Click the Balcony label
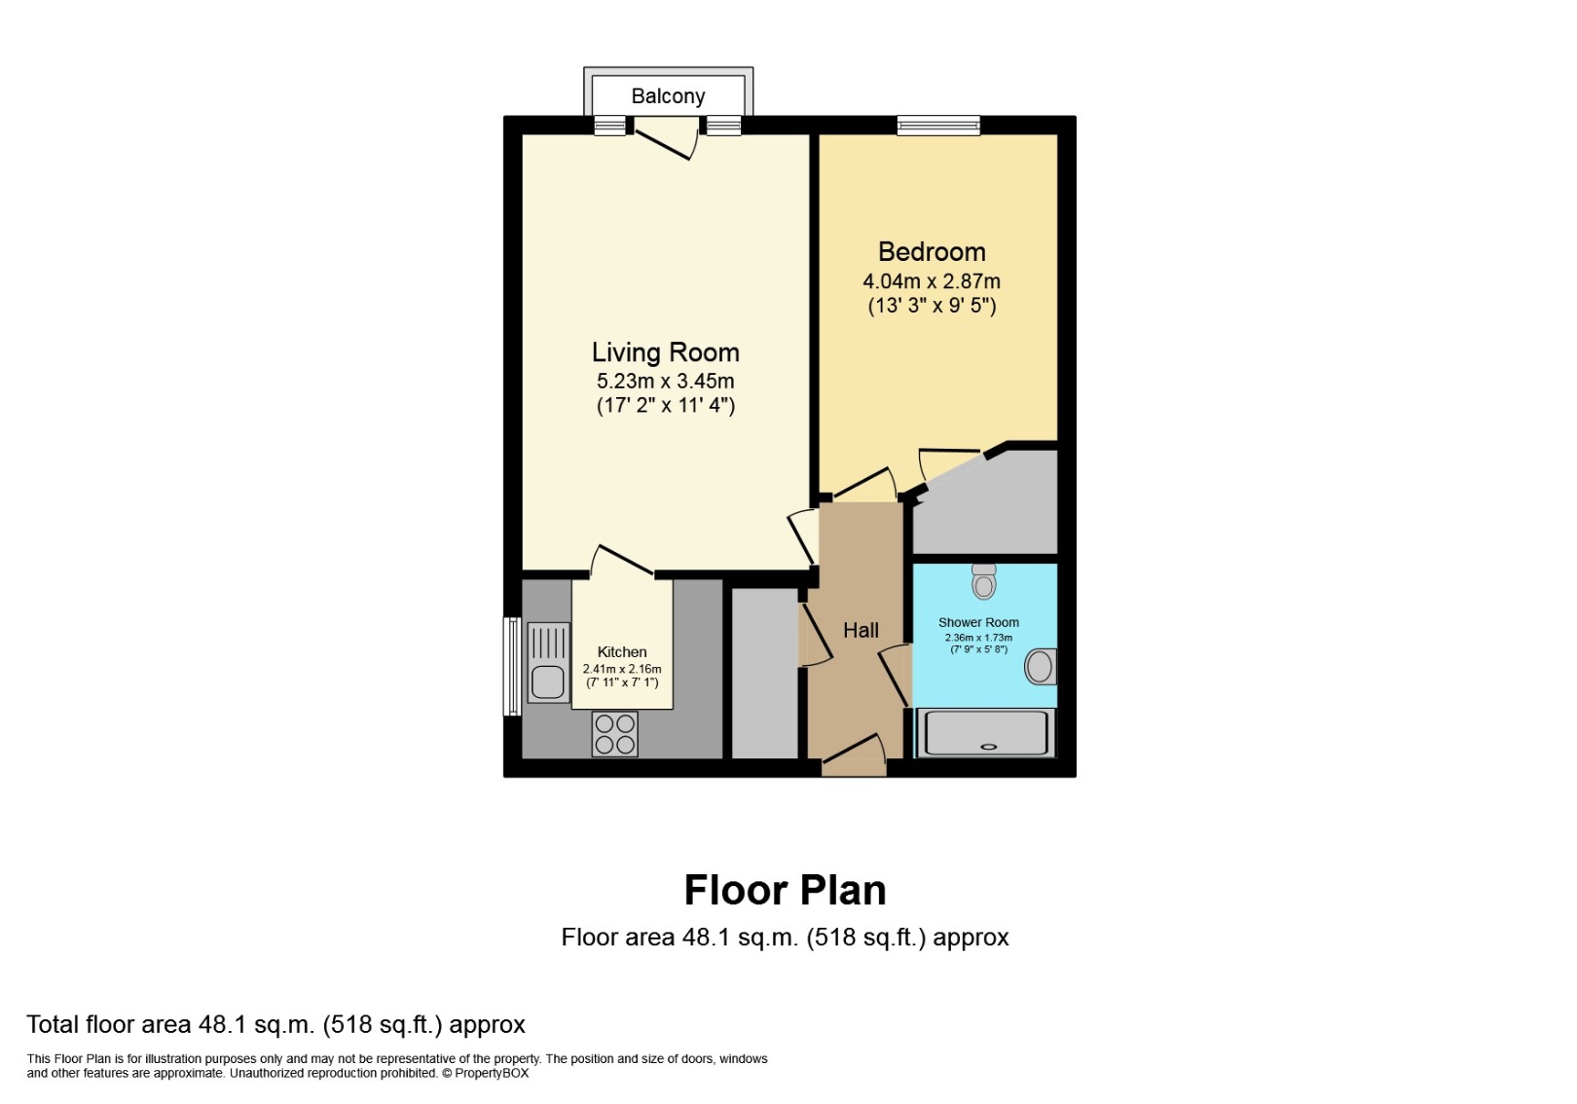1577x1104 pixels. tap(668, 96)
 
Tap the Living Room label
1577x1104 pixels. tap(666, 352)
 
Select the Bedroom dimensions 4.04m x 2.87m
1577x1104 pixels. tap(932, 281)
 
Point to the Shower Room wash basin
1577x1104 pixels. tap(1041, 667)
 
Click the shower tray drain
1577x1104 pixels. tap(989, 747)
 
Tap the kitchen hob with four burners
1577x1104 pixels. tap(615, 734)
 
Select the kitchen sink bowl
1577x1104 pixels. tap(548, 681)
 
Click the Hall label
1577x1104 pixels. tap(861, 631)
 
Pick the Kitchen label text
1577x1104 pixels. tap(622, 652)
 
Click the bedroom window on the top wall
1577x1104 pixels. tap(938, 125)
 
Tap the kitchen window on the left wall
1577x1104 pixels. tap(512, 666)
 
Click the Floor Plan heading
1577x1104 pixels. tap(785, 890)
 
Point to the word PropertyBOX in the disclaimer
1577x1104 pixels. tap(492, 1074)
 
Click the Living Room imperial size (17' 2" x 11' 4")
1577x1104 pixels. tap(666, 406)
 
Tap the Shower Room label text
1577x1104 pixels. tap(978, 623)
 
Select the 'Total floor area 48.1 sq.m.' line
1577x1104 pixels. tap(275, 1024)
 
